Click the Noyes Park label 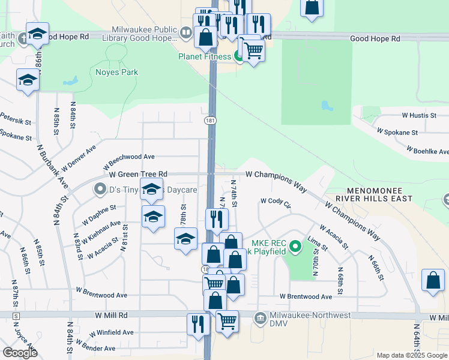[x=116, y=73]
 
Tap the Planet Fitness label [x=205, y=57]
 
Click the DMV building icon [x=260, y=317]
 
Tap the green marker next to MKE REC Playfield [x=295, y=246]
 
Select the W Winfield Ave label [x=111, y=332]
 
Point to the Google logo [x=20, y=353]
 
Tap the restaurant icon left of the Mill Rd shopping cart [x=198, y=325]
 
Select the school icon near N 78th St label [x=186, y=239]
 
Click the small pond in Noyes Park [x=70, y=80]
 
